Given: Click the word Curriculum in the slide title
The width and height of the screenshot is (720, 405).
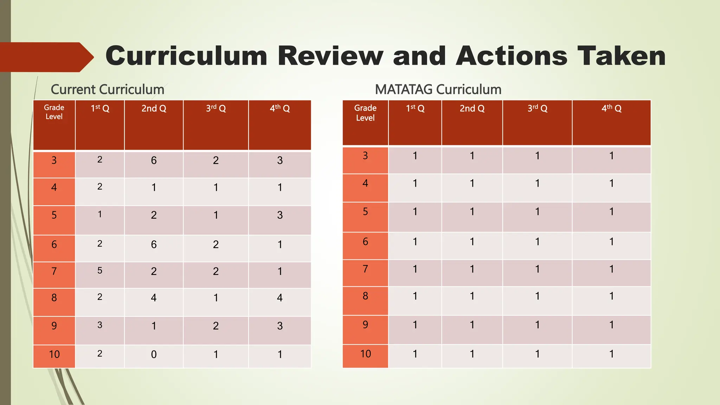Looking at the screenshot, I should pyautogui.click(x=186, y=56).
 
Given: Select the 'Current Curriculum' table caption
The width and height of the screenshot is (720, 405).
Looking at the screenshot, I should pyautogui.click(x=108, y=90).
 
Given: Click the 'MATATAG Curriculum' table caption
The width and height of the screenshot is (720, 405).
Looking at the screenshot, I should pyautogui.click(x=438, y=90).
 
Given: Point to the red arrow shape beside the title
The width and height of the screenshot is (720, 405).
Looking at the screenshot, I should pyautogui.click(x=46, y=57).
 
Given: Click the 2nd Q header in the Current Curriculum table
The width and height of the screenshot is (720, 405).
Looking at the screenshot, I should pyautogui.click(x=154, y=109).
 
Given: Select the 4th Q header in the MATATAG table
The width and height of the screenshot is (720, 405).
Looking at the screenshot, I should pyautogui.click(x=611, y=108).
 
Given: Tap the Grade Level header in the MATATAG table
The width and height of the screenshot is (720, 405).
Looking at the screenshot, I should pyautogui.click(x=365, y=113).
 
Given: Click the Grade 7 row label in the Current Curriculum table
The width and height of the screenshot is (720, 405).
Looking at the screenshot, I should pyautogui.click(x=54, y=271).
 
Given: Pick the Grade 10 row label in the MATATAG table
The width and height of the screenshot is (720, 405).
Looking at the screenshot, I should pyautogui.click(x=365, y=354).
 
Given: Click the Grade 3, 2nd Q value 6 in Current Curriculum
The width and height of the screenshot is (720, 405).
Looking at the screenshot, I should pyautogui.click(x=154, y=161).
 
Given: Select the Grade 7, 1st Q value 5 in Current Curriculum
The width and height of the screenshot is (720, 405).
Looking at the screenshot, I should pyautogui.click(x=100, y=271).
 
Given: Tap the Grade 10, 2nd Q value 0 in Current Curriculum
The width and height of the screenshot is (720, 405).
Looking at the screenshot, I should pyautogui.click(x=154, y=354).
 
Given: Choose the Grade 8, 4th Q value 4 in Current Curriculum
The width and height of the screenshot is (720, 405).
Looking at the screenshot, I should pyautogui.click(x=280, y=298).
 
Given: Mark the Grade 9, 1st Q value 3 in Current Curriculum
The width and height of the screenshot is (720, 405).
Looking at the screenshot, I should pyautogui.click(x=100, y=325).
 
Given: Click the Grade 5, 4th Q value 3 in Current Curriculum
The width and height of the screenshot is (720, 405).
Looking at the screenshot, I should pyautogui.click(x=280, y=215).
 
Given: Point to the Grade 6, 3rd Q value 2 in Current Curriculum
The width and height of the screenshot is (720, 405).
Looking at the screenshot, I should pyautogui.click(x=216, y=245).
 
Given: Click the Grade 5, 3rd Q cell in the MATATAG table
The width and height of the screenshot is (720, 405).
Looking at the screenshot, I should pyautogui.click(x=537, y=212).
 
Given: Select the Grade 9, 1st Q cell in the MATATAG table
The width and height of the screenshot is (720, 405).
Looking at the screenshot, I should pyautogui.click(x=415, y=324).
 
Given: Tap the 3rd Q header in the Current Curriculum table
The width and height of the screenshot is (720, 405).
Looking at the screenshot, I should pyautogui.click(x=216, y=109).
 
